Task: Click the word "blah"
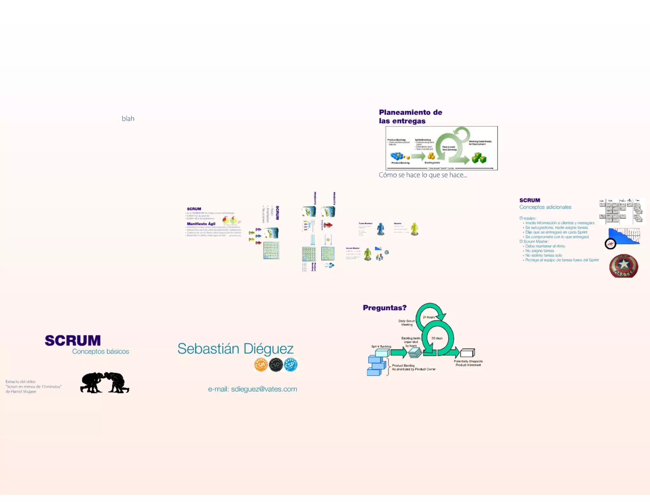[128, 119]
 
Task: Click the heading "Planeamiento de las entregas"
[410, 116]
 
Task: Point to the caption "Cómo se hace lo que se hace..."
[423, 175]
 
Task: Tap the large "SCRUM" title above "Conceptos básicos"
[73, 340]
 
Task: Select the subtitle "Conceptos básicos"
[100, 352]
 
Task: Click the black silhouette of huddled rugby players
[105, 383]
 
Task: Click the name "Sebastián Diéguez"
[235, 349]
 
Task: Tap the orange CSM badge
[261, 365]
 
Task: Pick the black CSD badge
[276, 365]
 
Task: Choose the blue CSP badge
[290, 365]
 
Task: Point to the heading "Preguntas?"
[384, 308]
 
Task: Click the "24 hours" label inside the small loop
[429, 317]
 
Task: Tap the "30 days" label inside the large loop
[437, 338]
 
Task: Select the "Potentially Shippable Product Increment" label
[468, 363]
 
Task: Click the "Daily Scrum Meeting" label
[407, 323]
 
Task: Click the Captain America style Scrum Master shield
[623, 266]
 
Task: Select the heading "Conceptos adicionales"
[545, 207]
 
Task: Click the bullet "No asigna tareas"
[540, 251]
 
